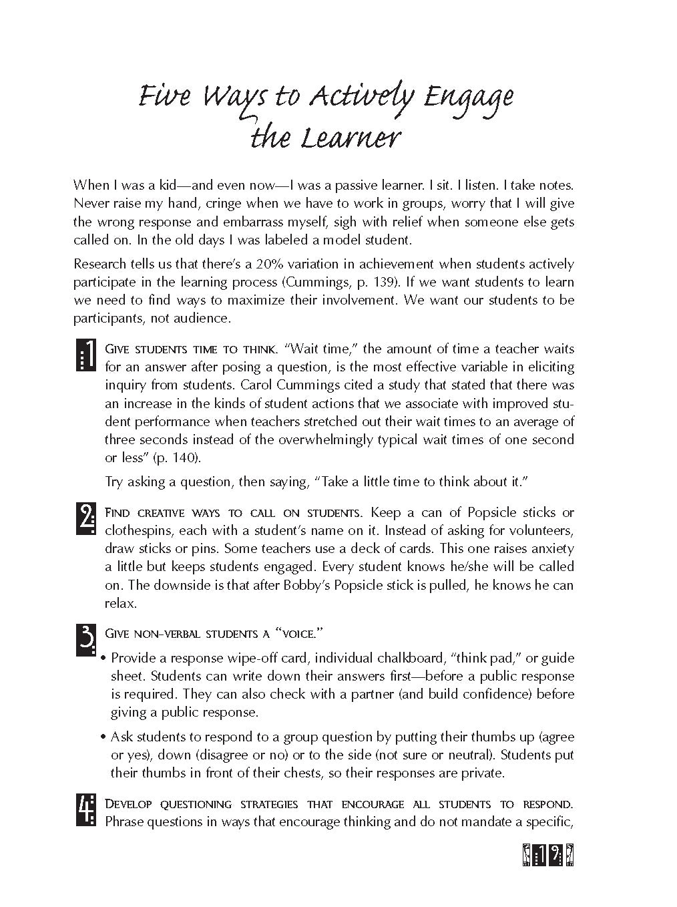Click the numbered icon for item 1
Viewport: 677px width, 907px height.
[85, 355]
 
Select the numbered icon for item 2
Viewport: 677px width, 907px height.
[86, 518]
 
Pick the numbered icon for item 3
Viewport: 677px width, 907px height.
[86, 639]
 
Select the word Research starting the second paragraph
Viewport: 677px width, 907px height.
[101, 264]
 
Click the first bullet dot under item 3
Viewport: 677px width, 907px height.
[103, 659]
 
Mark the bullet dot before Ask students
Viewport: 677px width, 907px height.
[103, 738]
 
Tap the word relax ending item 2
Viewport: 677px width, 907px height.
[120, 603]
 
